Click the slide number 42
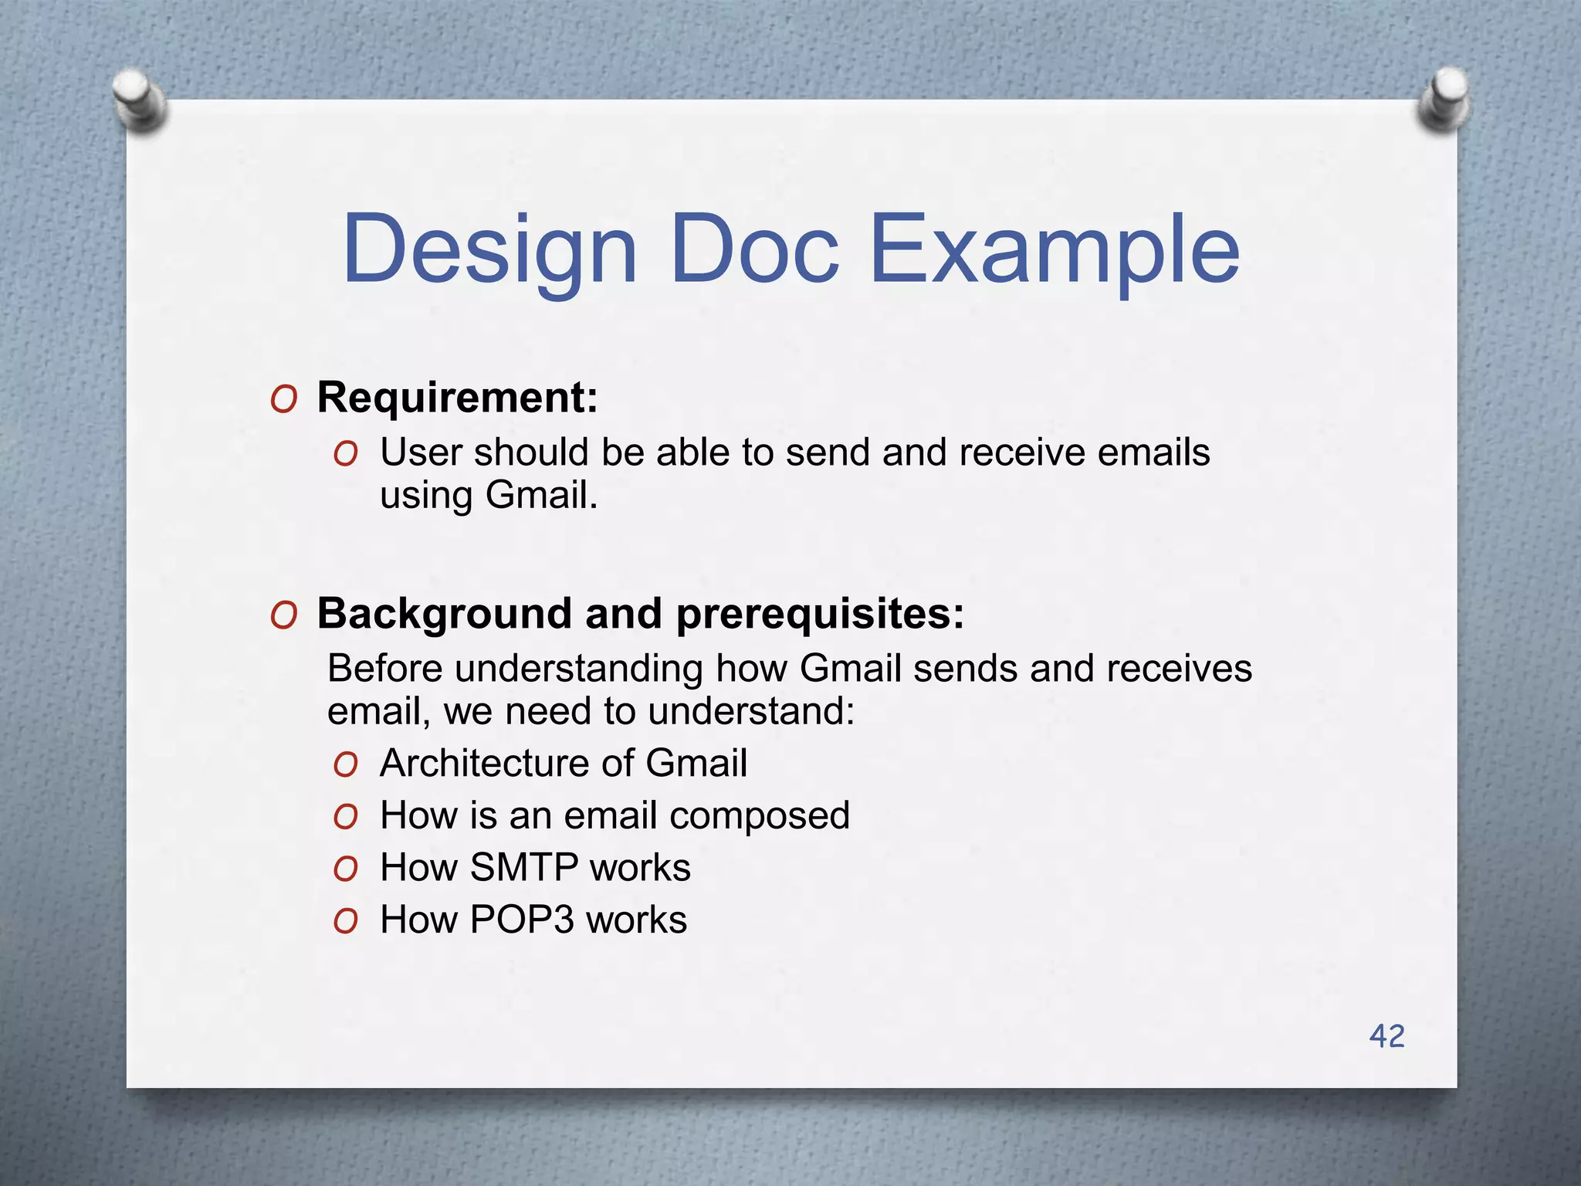pos(1386,1036)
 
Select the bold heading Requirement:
pos(457,398)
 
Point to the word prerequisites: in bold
pos(820,614)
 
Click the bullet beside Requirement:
pos(284,400)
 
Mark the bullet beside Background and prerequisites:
pos(284,616)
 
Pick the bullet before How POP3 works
pos(346,921)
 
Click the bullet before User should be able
pos(346,454)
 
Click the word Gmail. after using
pos(541,495)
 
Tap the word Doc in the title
pos(754,252)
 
